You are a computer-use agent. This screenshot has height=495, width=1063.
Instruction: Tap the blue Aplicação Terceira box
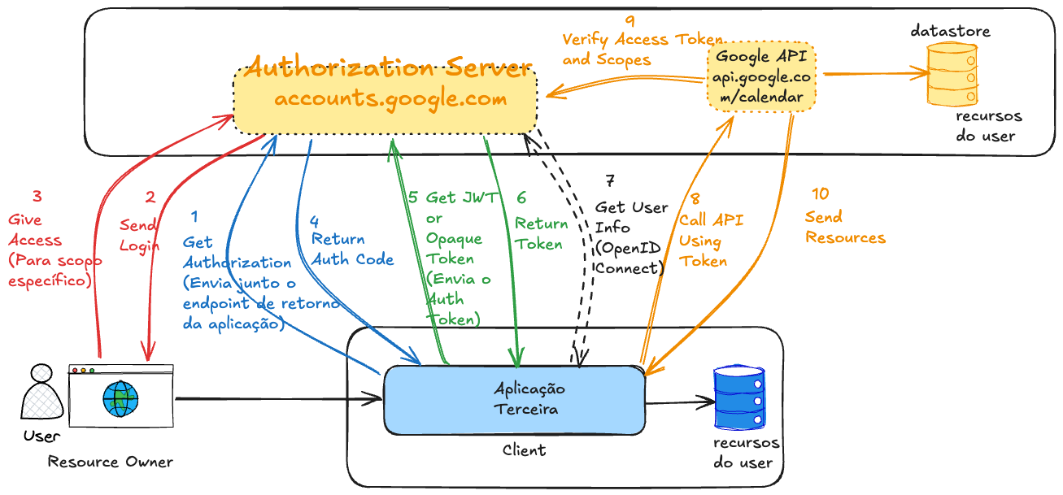[514, 400]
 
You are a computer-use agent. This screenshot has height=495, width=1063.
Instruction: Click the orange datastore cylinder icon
[952, 75]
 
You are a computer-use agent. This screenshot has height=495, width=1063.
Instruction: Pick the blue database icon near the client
[739, 399]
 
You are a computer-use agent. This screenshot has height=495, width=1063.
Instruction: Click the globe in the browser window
[121, 398]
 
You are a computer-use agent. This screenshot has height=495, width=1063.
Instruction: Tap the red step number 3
[37, 196]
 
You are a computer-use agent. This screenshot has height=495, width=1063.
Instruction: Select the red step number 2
[150, 197]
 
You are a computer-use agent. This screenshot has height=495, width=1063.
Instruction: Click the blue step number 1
[194, 216]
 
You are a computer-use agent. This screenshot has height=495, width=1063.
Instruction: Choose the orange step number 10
[821, 193]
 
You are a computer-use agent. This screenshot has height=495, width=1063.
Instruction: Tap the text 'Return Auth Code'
[352, 250]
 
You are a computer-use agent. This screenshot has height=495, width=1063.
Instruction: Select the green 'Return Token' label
[541, 233]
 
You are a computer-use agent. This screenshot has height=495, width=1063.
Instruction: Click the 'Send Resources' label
[844, 228]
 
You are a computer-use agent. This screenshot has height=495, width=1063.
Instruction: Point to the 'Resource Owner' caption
[111, 462]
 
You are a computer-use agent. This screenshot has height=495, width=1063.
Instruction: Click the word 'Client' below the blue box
[525, 449]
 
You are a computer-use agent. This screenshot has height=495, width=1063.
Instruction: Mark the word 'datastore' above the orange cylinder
[950, 31]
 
